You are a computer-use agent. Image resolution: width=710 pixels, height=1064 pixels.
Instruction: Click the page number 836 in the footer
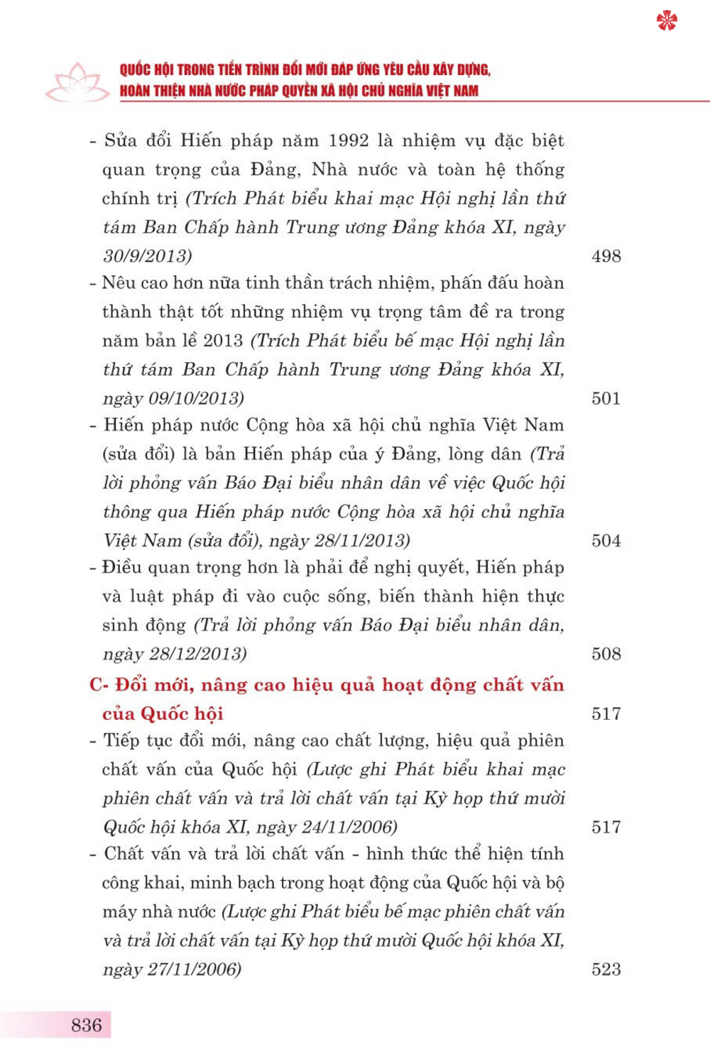coord(87,1024)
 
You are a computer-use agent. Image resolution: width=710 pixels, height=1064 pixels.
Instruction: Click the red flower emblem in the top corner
coord(667,21)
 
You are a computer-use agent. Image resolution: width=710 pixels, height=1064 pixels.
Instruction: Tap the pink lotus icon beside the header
coord(77,82)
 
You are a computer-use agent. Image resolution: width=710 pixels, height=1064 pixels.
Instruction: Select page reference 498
coord(606,256)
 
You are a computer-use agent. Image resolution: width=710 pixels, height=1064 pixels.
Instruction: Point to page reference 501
coord(606,398)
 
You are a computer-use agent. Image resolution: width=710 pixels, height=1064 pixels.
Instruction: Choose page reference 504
coord(606,541)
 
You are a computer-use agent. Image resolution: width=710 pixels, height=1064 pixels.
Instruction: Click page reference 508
coord(606,654)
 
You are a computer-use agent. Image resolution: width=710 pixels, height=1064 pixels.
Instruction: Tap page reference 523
coord(606,970)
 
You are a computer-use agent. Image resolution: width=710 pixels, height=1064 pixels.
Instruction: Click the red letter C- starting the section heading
coord(99,685)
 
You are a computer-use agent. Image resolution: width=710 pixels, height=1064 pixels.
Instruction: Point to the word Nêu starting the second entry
coord(118,283)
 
